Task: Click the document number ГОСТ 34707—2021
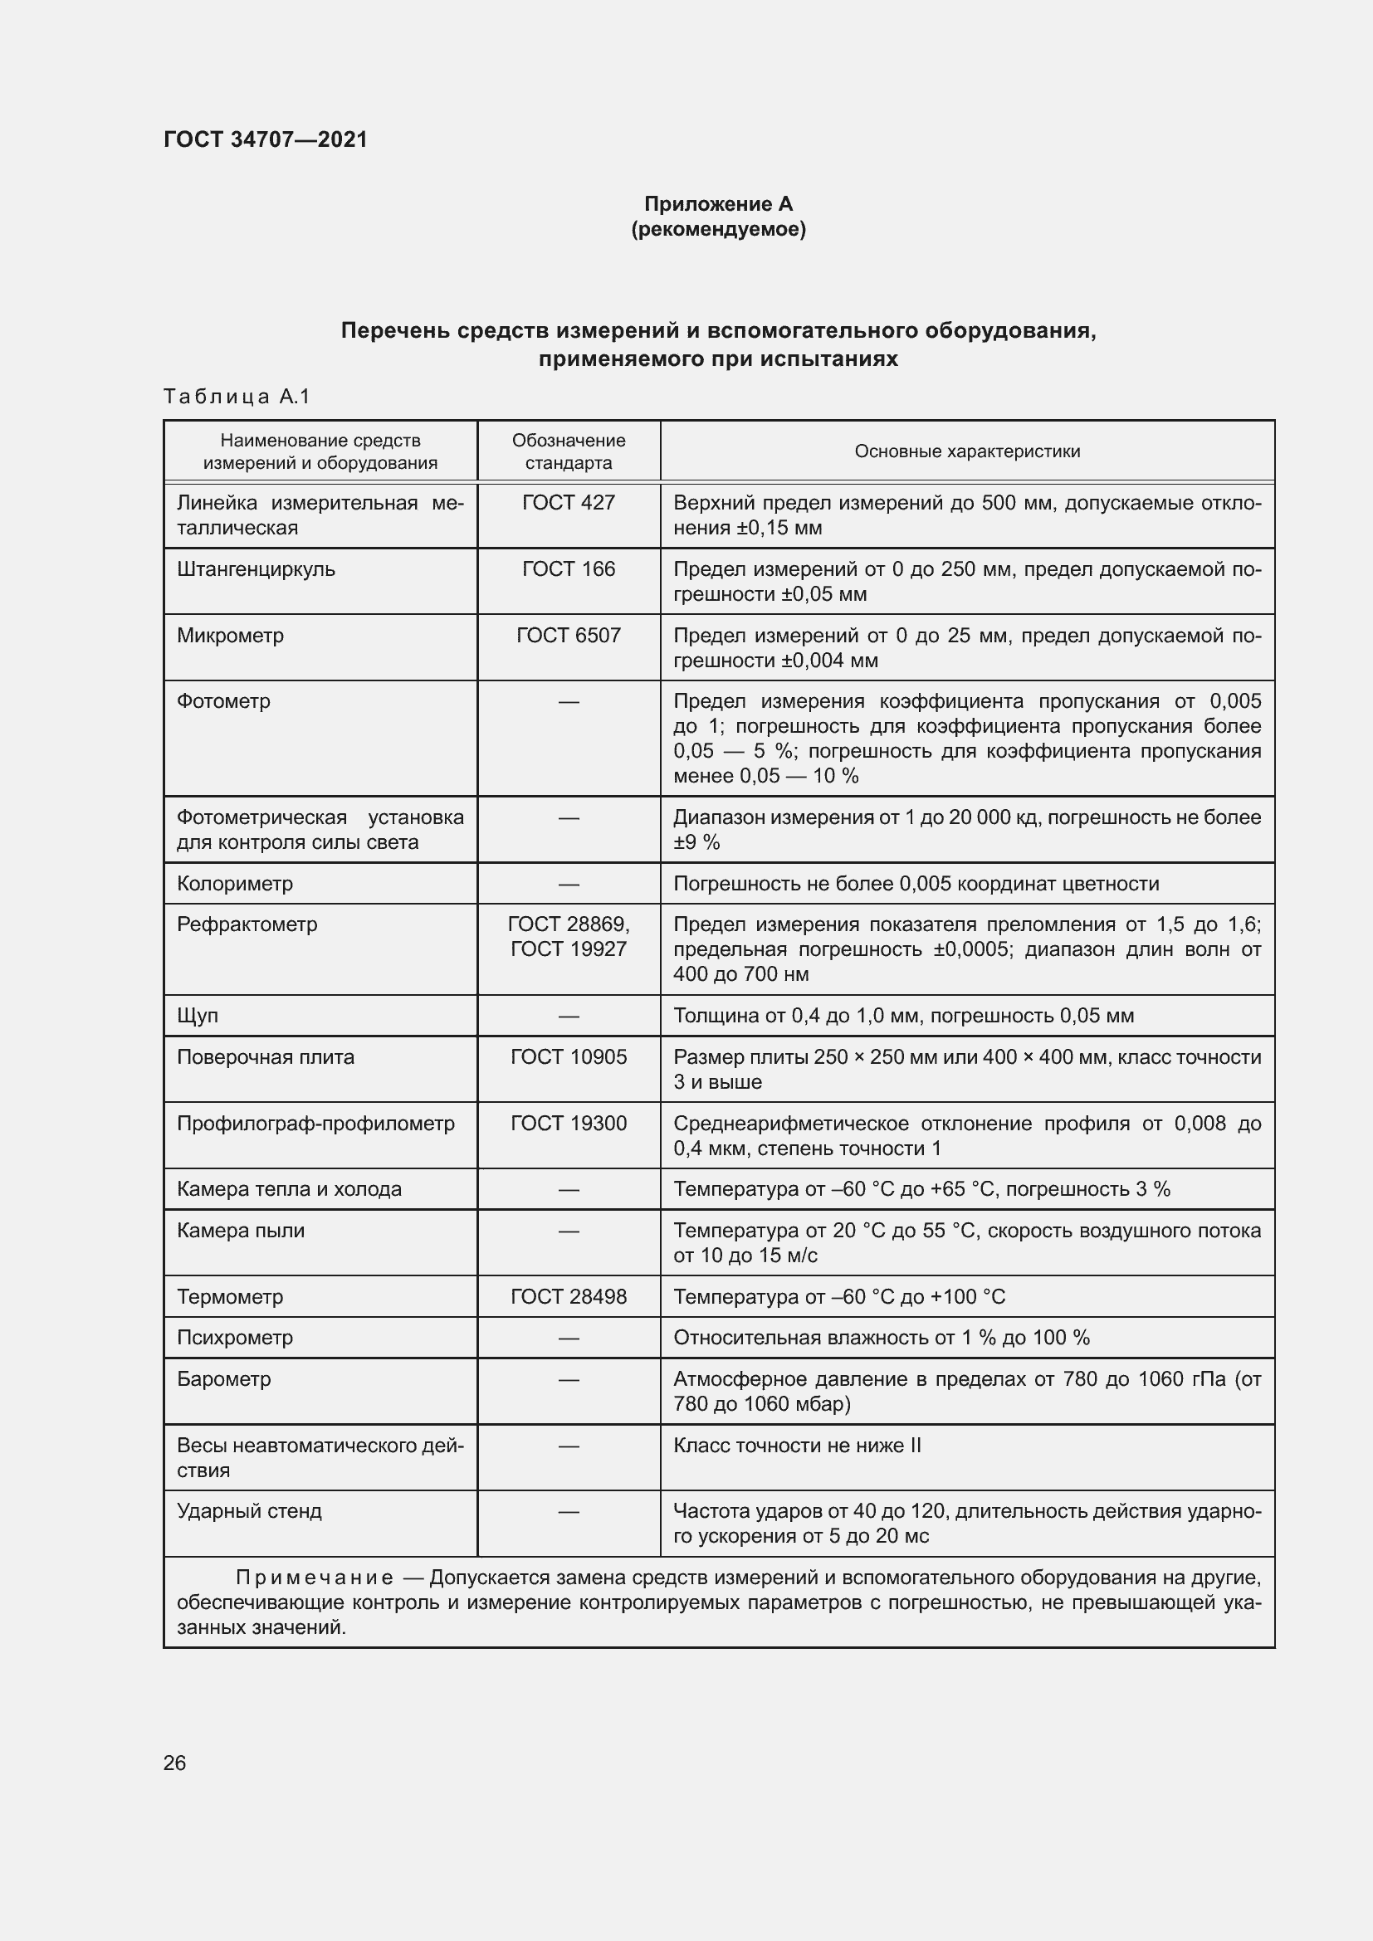pyautogui.click(x=266, y=139)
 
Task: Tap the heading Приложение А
pyautogui.click(x=718, y=204)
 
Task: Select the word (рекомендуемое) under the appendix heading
pyautogui.click(x=718, y=229)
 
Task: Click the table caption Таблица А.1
pyautogui.click(x=237, y=397)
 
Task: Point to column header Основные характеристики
pyautogui.click(x=966, y=451)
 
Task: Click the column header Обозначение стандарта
pyautogui.click(x=568, y=451)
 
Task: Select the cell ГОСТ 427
pyautogui.click(x=568, y=503)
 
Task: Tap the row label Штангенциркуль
pyautogui.click(x=256, y=569)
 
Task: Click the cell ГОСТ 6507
pyautogui.click(x=568, y=635)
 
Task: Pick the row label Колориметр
pyautogui.click(x=234, y=884)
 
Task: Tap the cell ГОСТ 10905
pyautogui.click(x=568, y=1056)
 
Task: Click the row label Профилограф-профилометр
pyautogui.click(x=315, y=1124)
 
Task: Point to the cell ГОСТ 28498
pyautogui.click(x=568, y=1297)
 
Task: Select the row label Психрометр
pyautogui.click(x=234, y=1339)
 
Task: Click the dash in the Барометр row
pyautogui.click(x=568, y=1380)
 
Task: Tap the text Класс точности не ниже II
pyautogui.click(x=796, y=1446)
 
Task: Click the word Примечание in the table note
pyautogui.click(x=314, y=1578)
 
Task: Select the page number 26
pyautogui.click(x=174, y=1763)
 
